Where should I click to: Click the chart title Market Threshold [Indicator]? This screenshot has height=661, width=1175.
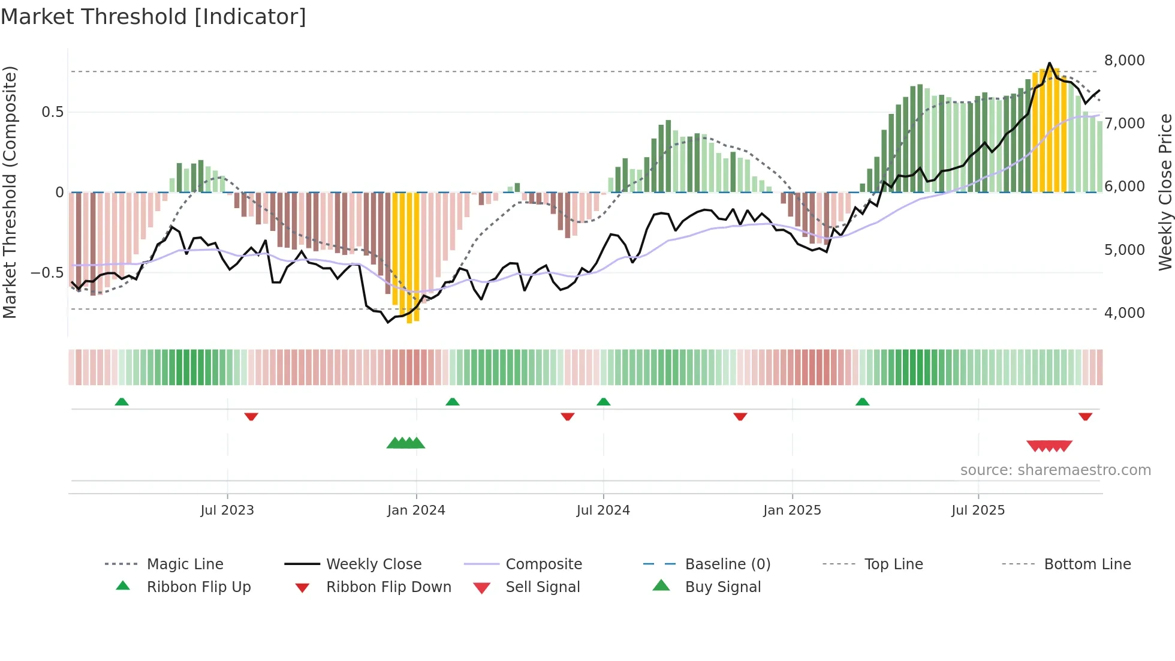pos(153,17)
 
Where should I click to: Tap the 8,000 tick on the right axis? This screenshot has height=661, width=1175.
pos(1124,61)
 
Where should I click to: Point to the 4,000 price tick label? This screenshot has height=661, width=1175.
pos(1124,313)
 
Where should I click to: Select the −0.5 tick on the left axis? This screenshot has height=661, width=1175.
pos(47,273)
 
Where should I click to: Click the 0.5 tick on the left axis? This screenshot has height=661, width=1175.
pos(52,112)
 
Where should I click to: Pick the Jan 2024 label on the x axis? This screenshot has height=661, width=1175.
pos(416,510)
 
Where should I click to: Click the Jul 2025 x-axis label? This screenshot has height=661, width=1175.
pos(978,510)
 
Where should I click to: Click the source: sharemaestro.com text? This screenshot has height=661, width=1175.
pos(1055,470)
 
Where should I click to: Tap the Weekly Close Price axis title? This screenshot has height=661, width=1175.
pos(1165,192)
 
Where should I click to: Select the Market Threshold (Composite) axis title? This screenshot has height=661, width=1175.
pos(10,192)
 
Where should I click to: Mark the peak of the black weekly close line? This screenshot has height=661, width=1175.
pos(1049,63)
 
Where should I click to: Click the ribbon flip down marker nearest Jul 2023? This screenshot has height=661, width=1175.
pos(251,416)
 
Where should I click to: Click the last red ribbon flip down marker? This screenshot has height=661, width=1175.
pos(1085,416)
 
